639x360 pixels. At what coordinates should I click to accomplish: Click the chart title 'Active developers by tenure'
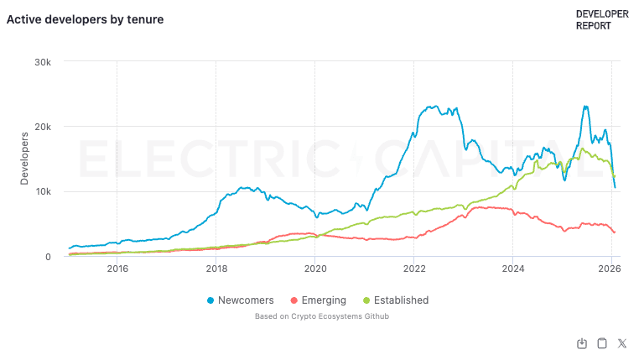(x=86, y=18)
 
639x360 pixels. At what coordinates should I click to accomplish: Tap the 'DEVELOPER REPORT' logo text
(x=601, y=19)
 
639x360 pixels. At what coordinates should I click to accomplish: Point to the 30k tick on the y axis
(x=44, y=62)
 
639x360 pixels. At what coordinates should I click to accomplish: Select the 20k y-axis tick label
(x=44, y=127)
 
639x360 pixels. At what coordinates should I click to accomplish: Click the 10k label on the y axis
(x=44, y=191)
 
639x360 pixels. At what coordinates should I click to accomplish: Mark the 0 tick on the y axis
(x=49, y=257)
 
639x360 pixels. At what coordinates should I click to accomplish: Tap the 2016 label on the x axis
(x=117, y=269)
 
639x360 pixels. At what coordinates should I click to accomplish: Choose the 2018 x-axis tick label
(x=216, y=269)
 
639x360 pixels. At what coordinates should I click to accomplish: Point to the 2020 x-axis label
(x=315, y=269)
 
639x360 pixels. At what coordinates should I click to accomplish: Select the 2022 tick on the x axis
(x=414, y=269)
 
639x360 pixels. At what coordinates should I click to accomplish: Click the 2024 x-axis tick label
(x=513, y=269)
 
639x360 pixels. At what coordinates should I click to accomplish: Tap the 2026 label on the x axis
(x=609, y=269)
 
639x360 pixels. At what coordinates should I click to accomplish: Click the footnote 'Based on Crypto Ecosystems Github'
(x=321, y=316)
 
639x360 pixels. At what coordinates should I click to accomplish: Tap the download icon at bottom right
(x=582, y=343)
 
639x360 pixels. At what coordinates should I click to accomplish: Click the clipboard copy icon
(x=601, y=343)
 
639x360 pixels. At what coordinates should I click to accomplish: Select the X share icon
(x=622, y=343)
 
